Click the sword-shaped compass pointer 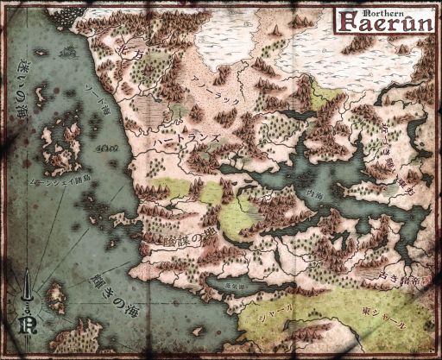point(29,288)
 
